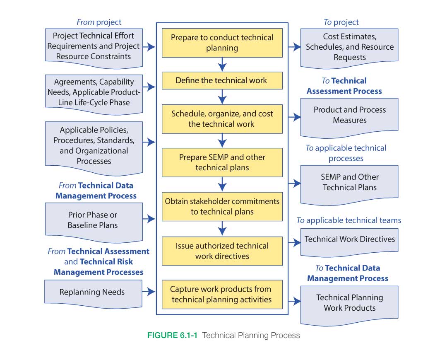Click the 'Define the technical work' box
[222, 81]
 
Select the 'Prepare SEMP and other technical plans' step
[222, 162]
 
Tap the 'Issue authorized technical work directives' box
[222, 251]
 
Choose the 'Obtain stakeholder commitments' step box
[222, 206]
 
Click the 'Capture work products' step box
[222, 294]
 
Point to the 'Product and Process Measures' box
[349, 115]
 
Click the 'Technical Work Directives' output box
[349, 239]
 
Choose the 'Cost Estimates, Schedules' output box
[349, 47]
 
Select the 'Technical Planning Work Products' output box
[349, 303]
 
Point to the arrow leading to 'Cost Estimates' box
[294, 47]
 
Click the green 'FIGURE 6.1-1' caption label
[172, 336]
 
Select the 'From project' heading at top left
[99, 22]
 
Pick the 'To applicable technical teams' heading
[348, 220]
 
